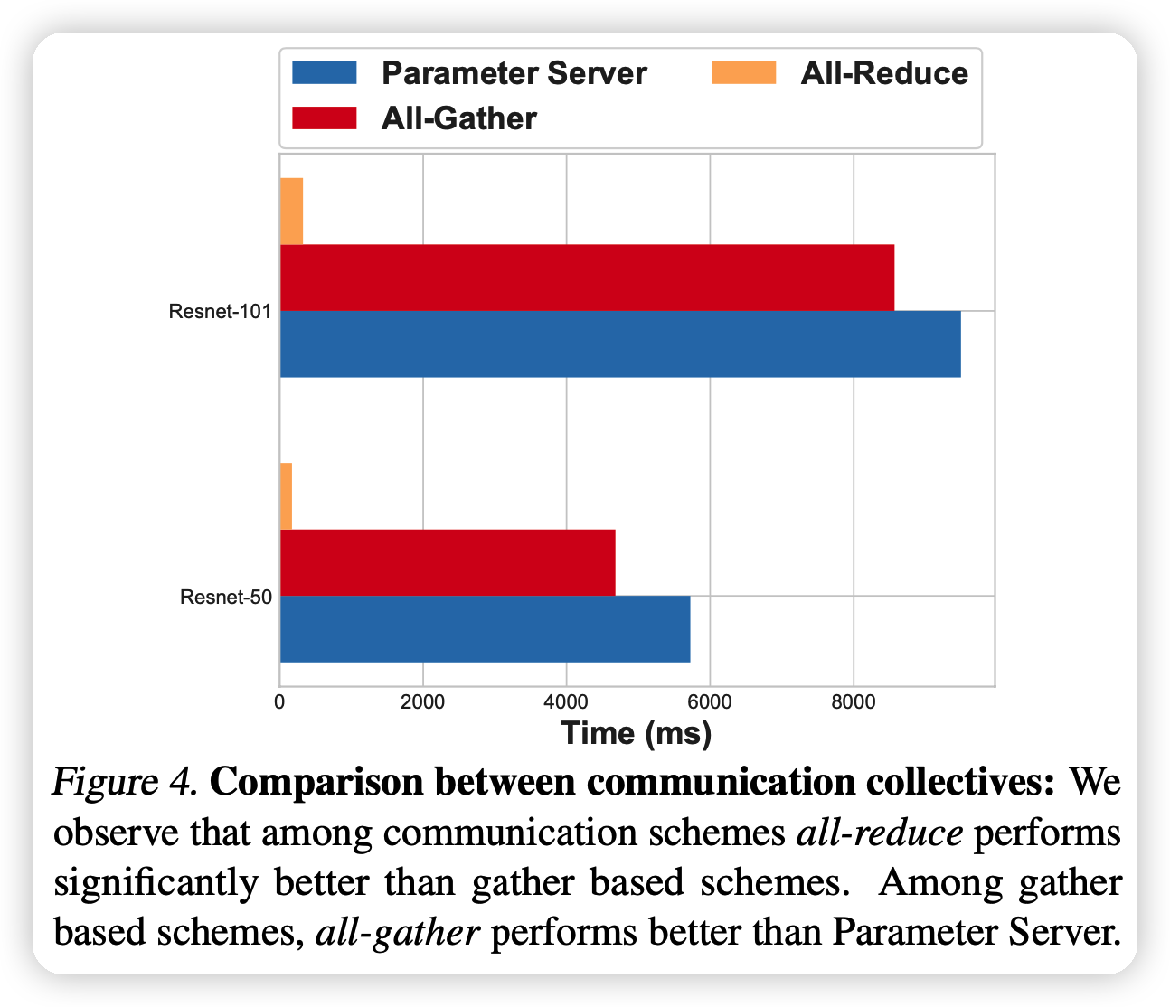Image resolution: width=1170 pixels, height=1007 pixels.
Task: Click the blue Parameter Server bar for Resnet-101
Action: click(x=619, y=344)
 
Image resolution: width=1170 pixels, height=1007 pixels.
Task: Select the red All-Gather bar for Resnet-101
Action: click(x=586, y=277)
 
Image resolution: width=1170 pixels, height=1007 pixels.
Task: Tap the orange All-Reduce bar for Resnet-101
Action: click(x=291, y=211)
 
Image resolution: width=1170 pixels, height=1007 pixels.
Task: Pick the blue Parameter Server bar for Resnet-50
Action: click(x=485, y=629)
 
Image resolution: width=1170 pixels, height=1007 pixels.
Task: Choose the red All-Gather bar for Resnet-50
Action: click(x=447, y=562)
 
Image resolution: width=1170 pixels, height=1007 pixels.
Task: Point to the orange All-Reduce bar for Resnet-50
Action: click(x=286, y=496)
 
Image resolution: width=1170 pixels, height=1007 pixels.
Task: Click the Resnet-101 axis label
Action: click(x=220, y=313)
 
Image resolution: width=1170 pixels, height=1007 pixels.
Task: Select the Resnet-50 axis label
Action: click(x=226, y=598)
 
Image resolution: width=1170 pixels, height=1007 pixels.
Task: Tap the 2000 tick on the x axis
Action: click(x=422, y=702)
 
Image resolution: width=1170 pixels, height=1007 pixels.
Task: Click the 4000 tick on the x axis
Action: click(x=566, y=702)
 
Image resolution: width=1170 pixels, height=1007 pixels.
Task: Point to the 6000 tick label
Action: click(x=710, y=702)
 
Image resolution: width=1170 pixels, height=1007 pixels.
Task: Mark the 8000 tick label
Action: click(x=853, y=702)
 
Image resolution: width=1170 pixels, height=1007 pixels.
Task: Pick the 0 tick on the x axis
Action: click(x=279, y=702)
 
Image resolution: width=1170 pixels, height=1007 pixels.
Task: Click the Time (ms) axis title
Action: click(x=637, y=733)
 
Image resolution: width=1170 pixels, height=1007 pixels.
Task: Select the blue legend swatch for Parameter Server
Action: click(x=325, y=73)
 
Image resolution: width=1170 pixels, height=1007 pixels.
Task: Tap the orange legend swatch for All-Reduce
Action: click(x=744, y=73)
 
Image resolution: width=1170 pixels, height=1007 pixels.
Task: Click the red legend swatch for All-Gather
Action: click(x=325, y=118)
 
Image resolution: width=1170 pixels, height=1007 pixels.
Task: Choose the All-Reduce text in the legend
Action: click(x=884, y=73)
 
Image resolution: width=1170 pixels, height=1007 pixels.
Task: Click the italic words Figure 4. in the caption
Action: click(x=125, y=782)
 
